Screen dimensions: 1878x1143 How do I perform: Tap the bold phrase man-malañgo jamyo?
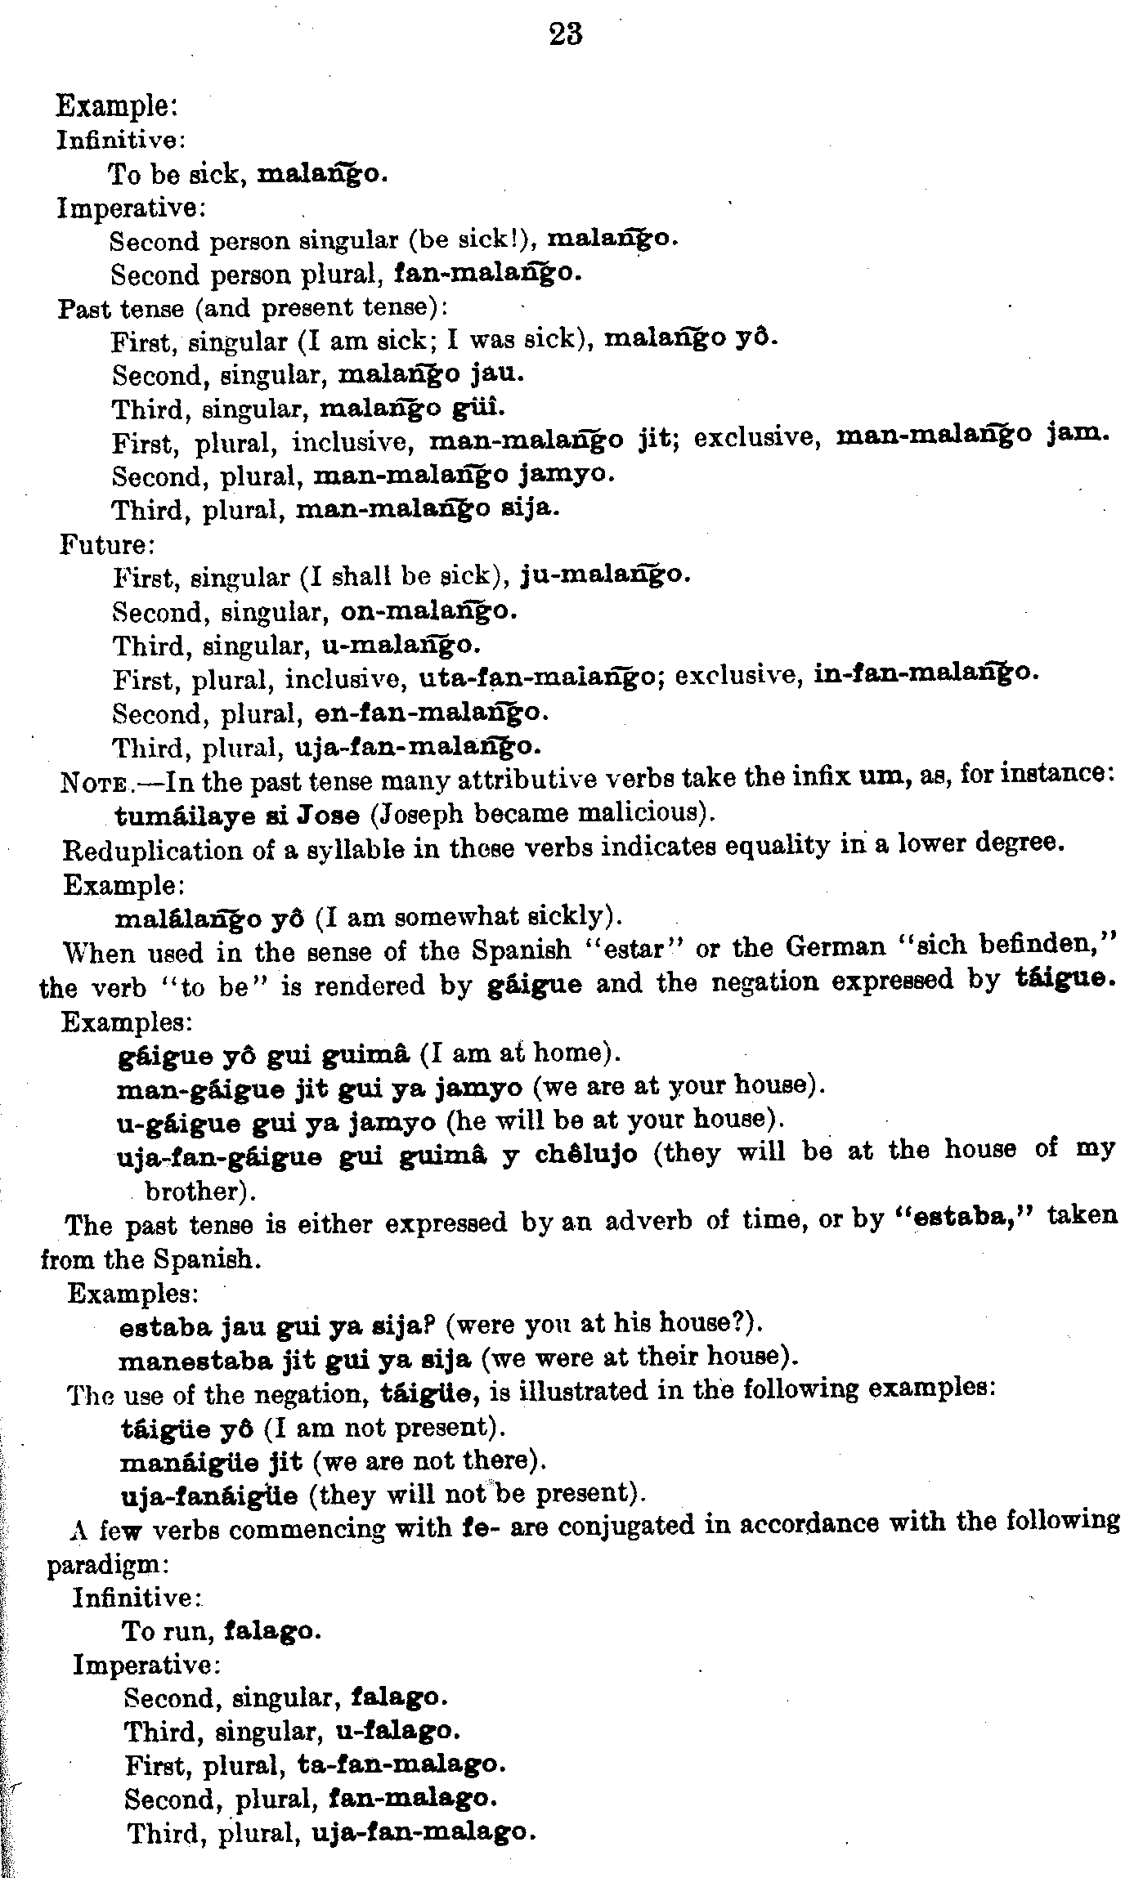point(464,474)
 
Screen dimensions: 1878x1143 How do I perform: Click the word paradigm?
point(106,1564)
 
